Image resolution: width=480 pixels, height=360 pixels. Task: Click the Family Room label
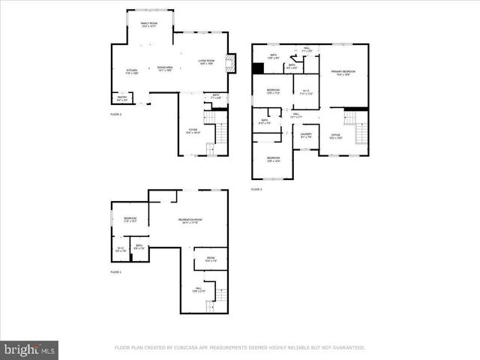click(x=148, y=25)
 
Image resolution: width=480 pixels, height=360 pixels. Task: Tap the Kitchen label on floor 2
click(x=131, y=71)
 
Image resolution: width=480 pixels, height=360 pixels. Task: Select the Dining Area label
click(x=165, y=69)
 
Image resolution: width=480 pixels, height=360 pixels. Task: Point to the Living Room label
click(x=207, y=62)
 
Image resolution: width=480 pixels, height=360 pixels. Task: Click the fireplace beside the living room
click(x=232, y=64)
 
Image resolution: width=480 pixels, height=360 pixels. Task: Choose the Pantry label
click(x=121, y=98)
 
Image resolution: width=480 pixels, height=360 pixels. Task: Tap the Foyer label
click(x=193, y=131)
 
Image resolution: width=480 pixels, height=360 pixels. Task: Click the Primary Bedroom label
click(x=343, y=73)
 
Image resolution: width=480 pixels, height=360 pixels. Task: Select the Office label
click(x=336, y=136)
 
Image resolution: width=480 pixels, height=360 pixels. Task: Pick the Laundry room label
click(x=306, y=136)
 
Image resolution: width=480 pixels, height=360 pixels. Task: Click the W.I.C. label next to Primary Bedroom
click(x=306, y=92)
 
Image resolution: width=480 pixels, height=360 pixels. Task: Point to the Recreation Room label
click(x=190, y=220)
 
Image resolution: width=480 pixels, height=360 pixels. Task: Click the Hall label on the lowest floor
click(x=199, y=289)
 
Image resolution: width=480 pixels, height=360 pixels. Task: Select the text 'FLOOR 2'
click(x=115, y=115)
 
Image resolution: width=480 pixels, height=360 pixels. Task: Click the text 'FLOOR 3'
click(x=256, y=190)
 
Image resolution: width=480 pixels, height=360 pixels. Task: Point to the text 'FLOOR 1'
click(x=115, y=271)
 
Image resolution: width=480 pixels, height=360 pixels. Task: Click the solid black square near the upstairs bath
click(x=259, y=68)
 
